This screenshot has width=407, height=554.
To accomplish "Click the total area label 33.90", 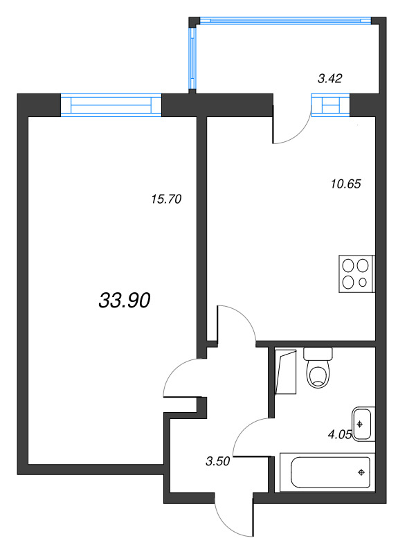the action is pos(125,301).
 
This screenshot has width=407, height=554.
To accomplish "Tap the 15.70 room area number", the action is pos(166,199).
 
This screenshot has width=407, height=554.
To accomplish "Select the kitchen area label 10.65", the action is pos(346,184).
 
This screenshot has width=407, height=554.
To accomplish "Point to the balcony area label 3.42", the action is pos(330,78).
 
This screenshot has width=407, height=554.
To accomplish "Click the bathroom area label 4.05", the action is pos(340,435).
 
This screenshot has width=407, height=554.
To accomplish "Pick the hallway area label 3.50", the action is pos(217,461).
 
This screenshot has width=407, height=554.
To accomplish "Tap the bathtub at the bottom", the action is pos(327,472).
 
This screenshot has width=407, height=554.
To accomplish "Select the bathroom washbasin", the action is pos(363,424).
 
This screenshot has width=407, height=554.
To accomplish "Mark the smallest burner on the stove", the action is pos(363,283).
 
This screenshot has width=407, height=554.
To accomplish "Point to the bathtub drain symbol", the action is pos(361,472).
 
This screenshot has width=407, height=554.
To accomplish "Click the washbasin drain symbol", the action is pos(360,424).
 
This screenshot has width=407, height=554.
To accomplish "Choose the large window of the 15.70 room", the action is pos(111,105).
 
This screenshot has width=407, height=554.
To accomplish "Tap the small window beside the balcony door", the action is pos(330,105).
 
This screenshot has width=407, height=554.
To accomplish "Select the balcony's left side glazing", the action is pos(192,58).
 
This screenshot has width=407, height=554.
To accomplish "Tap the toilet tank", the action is pos(318,353).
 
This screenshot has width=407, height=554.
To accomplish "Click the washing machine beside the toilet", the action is pos(285,372).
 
